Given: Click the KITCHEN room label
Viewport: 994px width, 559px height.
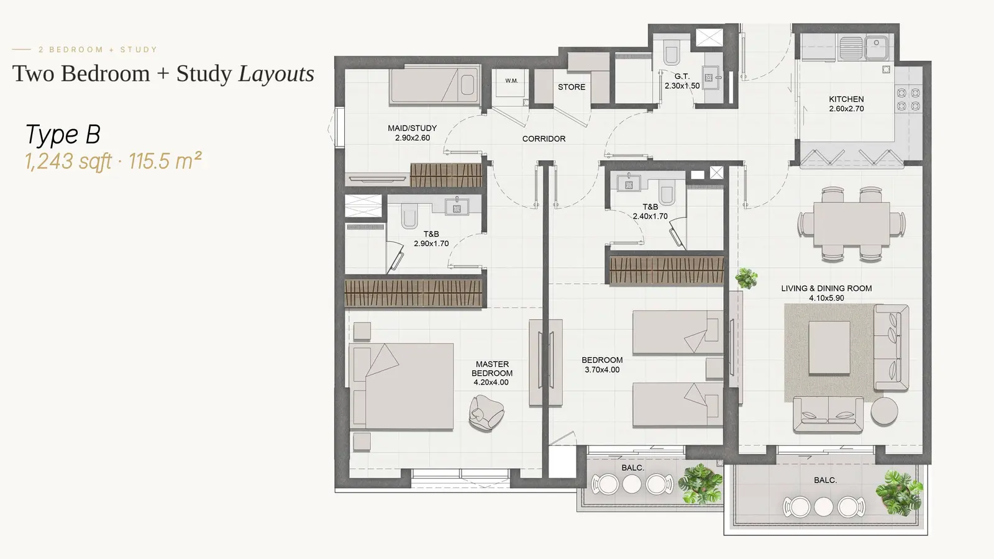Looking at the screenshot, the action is (846, 99).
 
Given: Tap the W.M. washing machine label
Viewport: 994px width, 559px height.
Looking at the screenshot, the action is (511, 81).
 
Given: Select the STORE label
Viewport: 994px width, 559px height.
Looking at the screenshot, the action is (572, 87).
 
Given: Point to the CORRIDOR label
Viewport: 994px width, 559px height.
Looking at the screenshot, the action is (544, 139).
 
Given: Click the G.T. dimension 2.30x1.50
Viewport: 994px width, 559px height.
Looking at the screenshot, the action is (682, 86).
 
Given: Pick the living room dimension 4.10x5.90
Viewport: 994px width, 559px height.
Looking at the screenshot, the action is (826, 298).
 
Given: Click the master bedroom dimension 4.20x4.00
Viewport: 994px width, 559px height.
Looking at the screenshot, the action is (491, 383).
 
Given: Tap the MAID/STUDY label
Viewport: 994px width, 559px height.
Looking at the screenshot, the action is (413, 128).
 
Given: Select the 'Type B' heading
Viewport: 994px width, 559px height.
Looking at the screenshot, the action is (63, 134).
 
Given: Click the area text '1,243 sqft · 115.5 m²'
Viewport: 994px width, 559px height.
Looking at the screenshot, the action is (114, 161).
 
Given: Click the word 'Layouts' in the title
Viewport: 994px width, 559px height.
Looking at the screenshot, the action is (276, 74).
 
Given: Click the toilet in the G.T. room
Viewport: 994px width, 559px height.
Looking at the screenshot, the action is (670, 52).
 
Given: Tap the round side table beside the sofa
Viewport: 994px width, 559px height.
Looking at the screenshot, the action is (884, 411).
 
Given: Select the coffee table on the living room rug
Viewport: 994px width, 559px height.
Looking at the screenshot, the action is (829, 348).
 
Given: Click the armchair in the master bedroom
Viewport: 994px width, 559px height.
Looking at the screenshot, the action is (486, 413).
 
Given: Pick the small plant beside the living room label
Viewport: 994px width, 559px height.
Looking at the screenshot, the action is (746, 279).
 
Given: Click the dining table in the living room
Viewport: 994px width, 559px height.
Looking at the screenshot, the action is (852, 224).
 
